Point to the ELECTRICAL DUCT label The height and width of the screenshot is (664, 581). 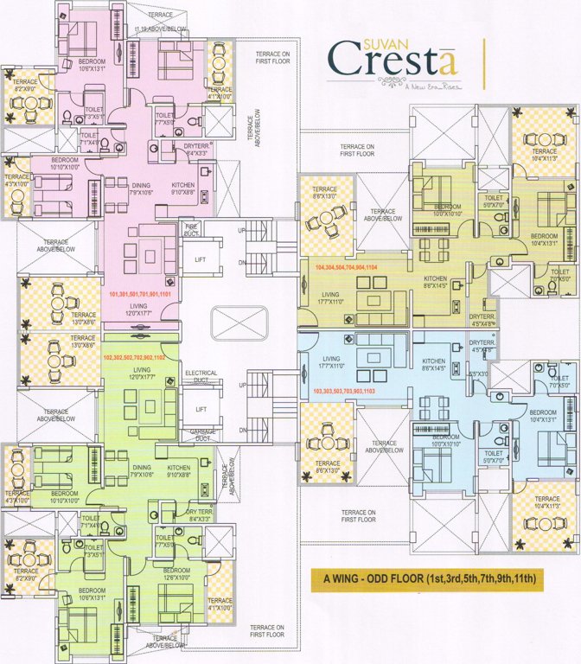(x=201, y=377)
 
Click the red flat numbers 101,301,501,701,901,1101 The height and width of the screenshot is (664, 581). (x=141, y=295)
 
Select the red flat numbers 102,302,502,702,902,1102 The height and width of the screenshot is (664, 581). (x=140, y=356)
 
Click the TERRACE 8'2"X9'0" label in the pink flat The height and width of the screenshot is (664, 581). (x=25, y=85)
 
